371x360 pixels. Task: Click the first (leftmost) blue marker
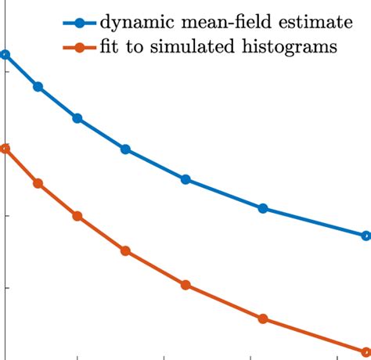point(5,55)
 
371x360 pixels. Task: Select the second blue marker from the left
point(38,86)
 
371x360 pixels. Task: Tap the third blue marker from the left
point(77,118)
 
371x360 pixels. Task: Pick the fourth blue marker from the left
point(125,149)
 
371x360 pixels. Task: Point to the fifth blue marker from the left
point(185,179)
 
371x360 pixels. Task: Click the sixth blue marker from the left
point(263,208)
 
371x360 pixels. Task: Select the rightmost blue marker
point(366,235)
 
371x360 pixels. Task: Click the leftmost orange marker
point(5,149)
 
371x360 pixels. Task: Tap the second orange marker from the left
point(38,183)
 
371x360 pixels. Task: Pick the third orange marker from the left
point(77,216)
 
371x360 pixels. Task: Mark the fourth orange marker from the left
point(125,251)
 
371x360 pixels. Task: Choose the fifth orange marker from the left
point(185,285)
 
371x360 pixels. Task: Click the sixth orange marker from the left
point(263,319)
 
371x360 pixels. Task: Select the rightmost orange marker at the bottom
point(366,351)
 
